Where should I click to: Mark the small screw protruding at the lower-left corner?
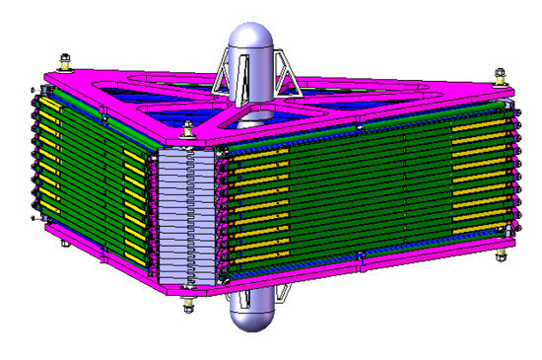coord(34,216)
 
